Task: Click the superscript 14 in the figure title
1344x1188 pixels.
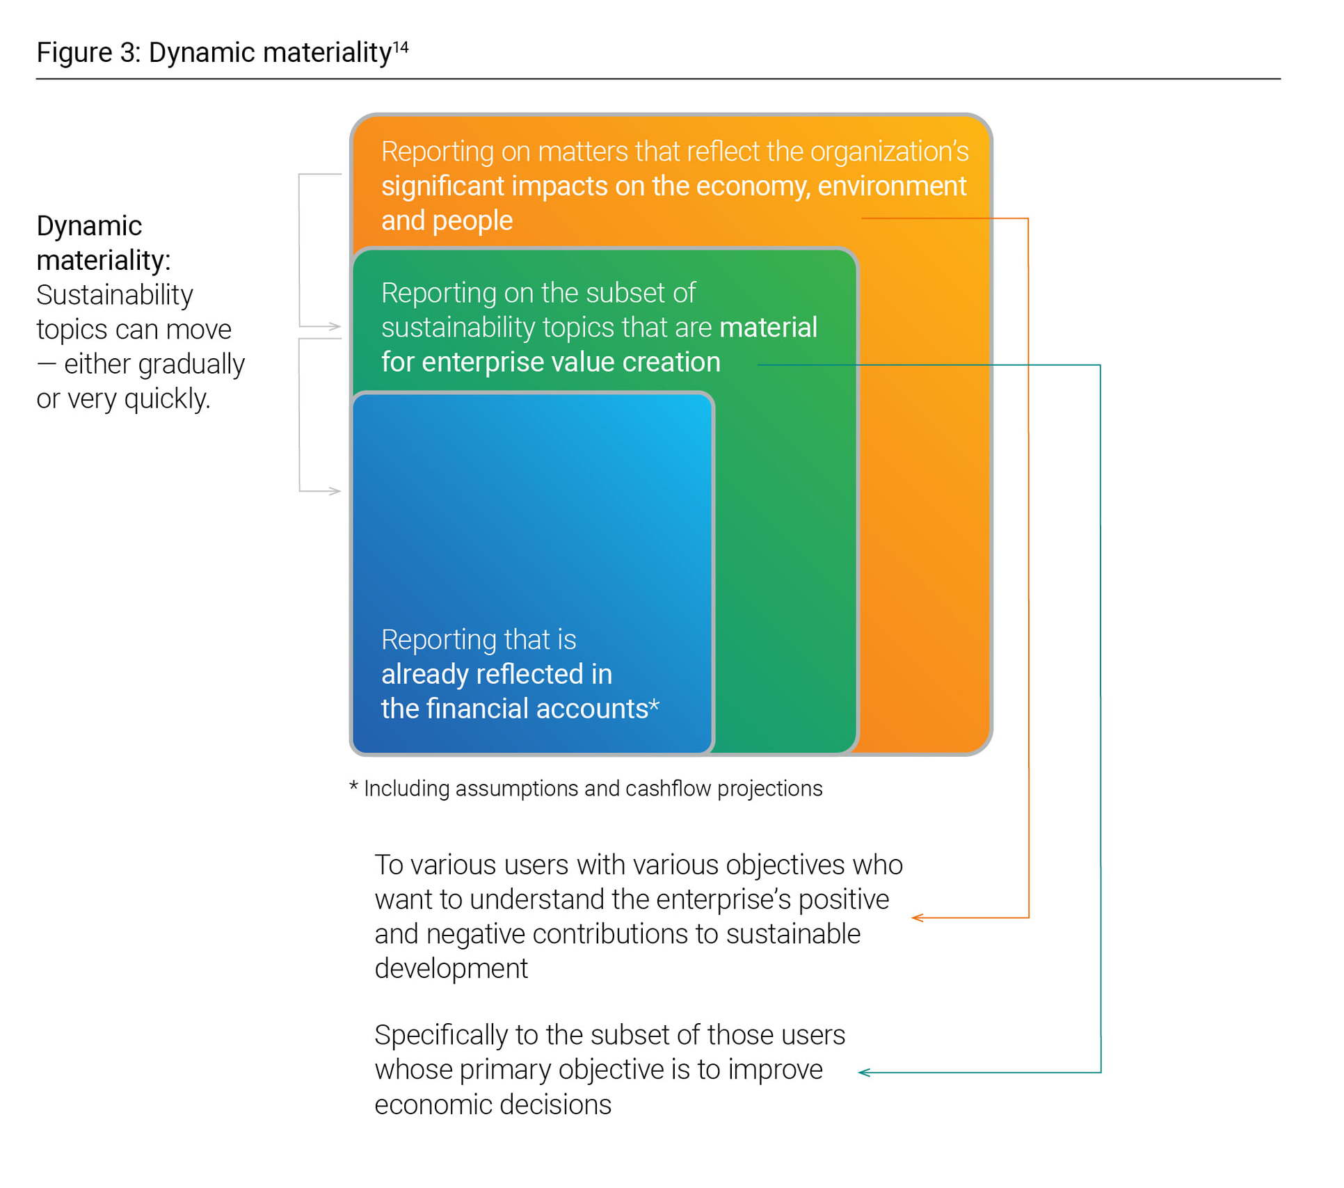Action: click(x=401, y=47)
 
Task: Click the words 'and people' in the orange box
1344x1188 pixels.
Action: click(x=447, y=220)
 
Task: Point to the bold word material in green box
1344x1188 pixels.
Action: click(x=768, y=328)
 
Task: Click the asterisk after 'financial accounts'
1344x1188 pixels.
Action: click(x=654, y=707)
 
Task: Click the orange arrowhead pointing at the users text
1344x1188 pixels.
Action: click(x=918, y=918)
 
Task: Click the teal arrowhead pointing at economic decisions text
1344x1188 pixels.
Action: click(x=865, y=1073)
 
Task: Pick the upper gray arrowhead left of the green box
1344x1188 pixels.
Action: click(x=335, y=326)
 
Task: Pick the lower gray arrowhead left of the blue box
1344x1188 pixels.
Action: click(x=335, y=491)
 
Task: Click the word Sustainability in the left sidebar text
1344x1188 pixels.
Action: click(x=114, y=295)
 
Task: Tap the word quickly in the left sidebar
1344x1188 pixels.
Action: click(x=167, y=399)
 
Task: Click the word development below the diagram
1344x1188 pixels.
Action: click(x=451, y=969)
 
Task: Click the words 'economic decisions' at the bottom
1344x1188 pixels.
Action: click(x=493, y=1105)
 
